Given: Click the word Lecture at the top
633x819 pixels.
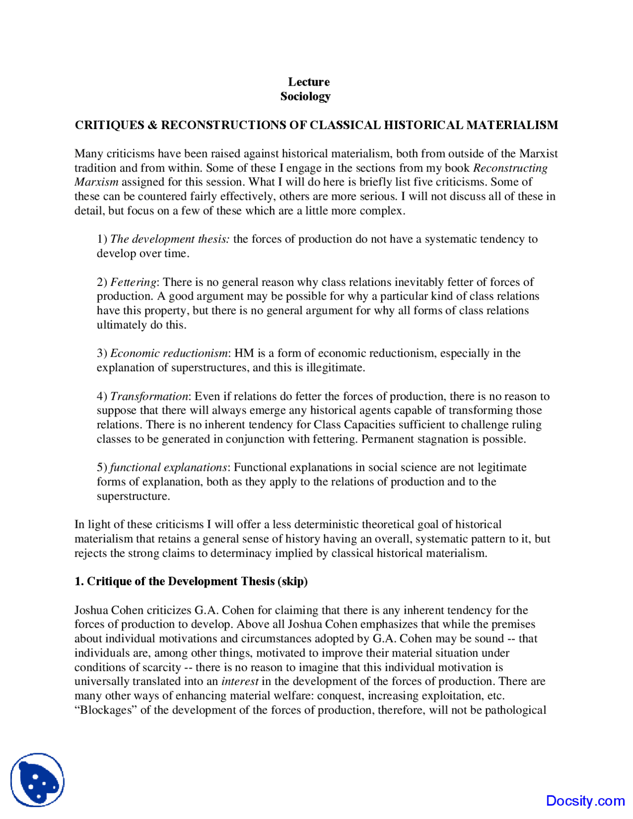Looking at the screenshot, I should tap(309, 82).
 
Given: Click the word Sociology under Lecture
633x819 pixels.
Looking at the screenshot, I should tap(305, 96).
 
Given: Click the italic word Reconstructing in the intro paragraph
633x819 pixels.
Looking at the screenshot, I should tap(510, 168).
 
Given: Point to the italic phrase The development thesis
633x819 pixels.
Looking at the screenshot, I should tap(170, 239).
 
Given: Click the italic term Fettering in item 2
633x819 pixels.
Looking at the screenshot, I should tap(133, 282).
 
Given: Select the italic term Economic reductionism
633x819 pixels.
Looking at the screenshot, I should tap(169, 353).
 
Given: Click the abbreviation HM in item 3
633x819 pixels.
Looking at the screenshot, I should tap(244, 353).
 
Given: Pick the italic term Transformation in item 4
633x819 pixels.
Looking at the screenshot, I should tap(149, 397).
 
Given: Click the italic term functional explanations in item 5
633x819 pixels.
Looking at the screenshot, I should tap(168, 467).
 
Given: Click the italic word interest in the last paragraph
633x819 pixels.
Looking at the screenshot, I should tap(240, 682).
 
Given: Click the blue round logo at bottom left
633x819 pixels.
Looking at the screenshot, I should tap(38, 780).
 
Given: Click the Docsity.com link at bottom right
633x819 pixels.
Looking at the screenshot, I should tap(585, 801).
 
